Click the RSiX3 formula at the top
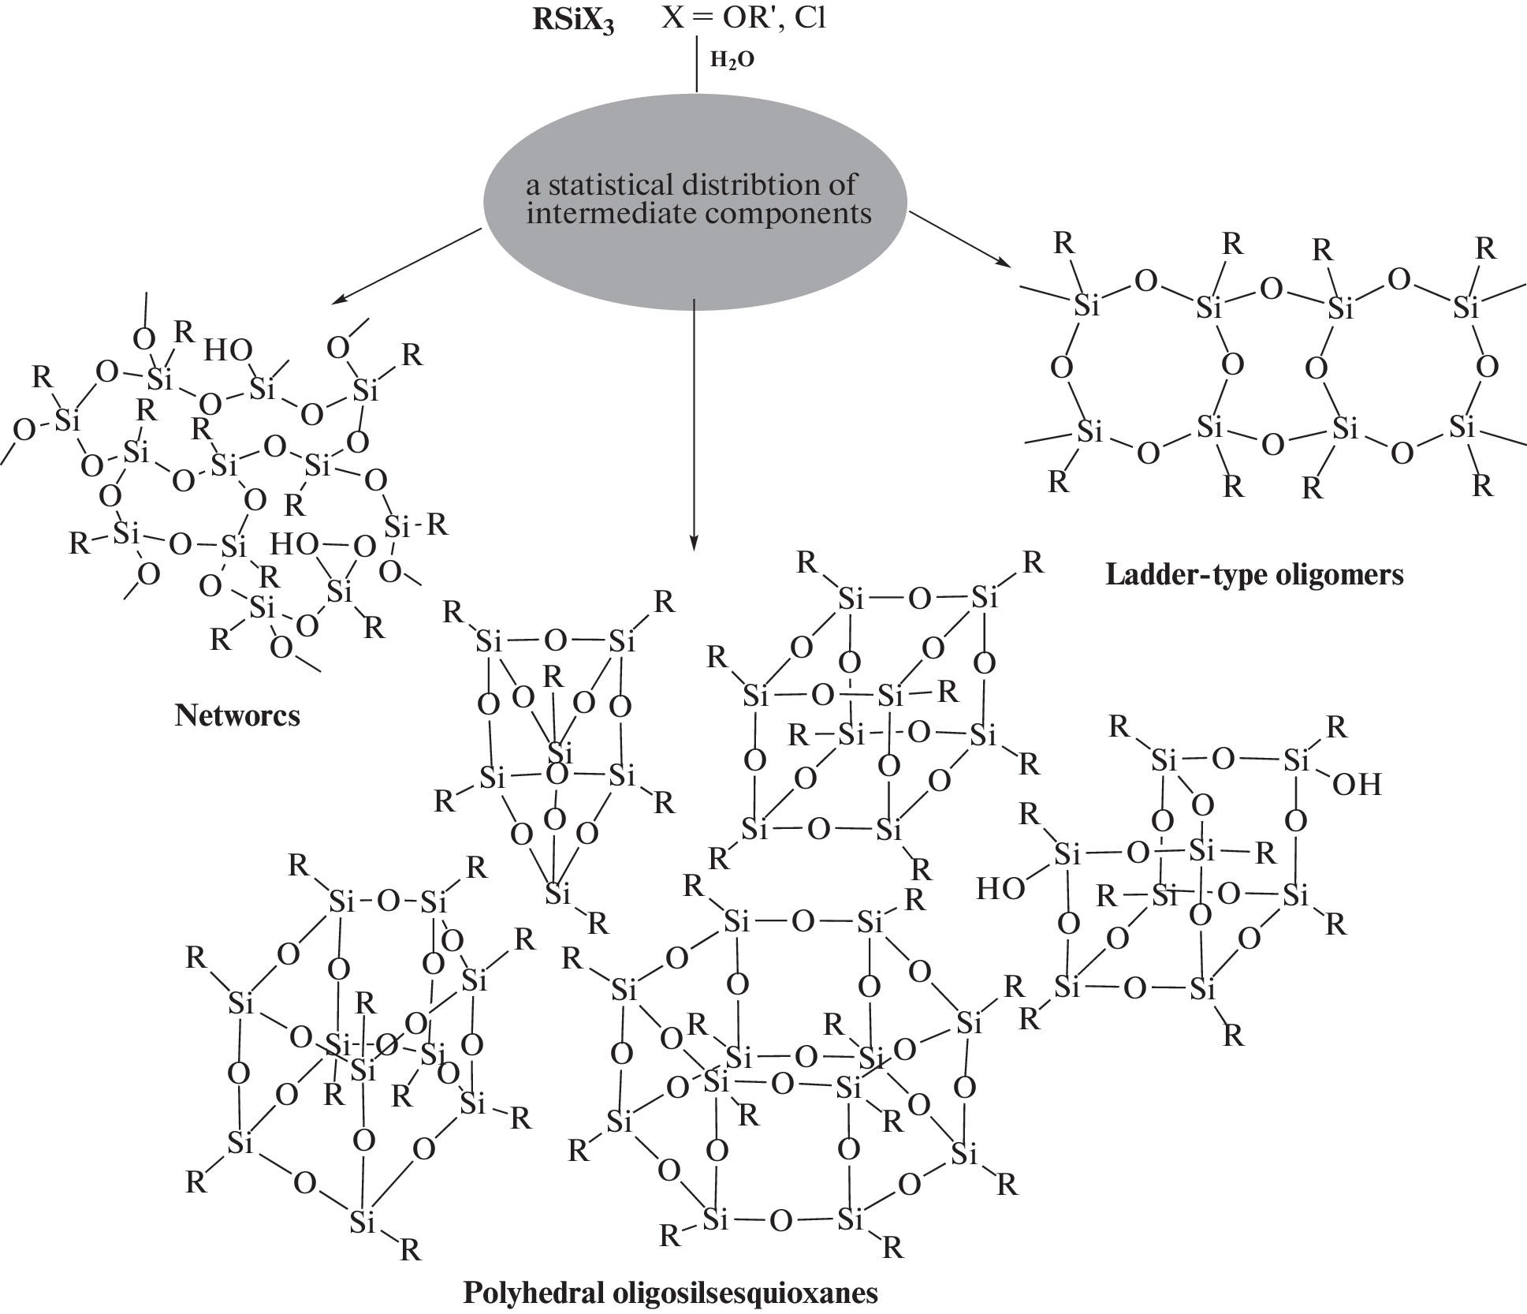pos(573,20)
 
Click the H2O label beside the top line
pos(732,61)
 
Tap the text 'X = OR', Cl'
pos(743,17)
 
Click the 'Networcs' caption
pos(237,715)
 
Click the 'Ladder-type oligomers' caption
pos(1254,575)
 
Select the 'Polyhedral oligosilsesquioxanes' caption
pos(669,1293)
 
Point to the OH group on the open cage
pos(1357,785)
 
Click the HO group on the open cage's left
pos(1000,889)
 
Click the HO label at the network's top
pos(228,352)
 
